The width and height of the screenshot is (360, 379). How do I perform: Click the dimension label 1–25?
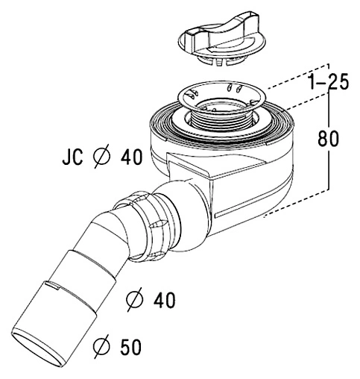[328, 82]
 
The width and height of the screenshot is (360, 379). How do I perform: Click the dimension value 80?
[328, 139]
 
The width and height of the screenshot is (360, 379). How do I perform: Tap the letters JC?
[72, 157]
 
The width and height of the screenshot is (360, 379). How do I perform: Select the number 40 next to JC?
[131, 157]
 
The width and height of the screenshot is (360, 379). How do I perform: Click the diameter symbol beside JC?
[101, 157]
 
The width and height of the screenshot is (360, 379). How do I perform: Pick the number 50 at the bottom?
[130, 347]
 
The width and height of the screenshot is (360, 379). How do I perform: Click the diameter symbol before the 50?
[101, 346]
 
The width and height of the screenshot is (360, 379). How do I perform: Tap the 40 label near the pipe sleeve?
[164, 300]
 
